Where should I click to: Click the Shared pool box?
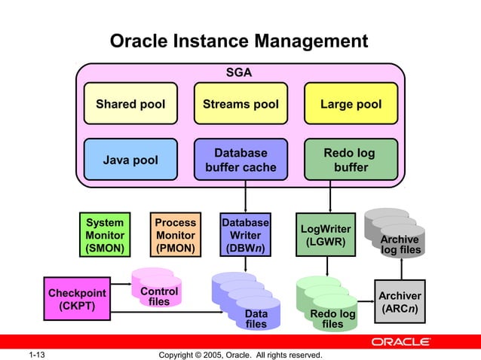tap(130, 105)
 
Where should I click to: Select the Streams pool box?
tap(240, 105)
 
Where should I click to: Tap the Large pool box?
tap(351, 105)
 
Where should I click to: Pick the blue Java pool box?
tap(130, 160)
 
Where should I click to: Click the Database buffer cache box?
tap(240, 160)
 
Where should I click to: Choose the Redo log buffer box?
tap(350, 160)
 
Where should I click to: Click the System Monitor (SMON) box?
tap(105, 235)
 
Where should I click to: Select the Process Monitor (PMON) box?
tap(175, 235)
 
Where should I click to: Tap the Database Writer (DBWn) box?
tap(246, 235)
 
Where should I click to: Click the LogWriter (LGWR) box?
tap(326, 235)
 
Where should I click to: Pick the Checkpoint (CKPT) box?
tap(77, 299)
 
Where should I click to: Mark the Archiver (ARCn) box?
tap(400, 302)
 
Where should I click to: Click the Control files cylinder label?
tap(159, 296)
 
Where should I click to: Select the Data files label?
tap(256, 319)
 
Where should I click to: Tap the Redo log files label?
tap(332, 319)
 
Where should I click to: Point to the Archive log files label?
tap(400, 245)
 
